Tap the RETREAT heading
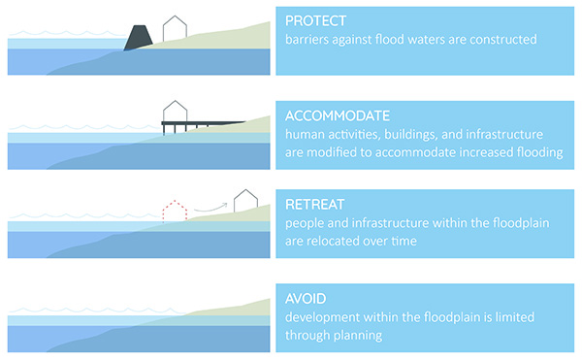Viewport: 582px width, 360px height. [315, 206]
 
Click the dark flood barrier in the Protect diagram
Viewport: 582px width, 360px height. [139, 36]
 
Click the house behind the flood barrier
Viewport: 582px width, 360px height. [175, 29]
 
